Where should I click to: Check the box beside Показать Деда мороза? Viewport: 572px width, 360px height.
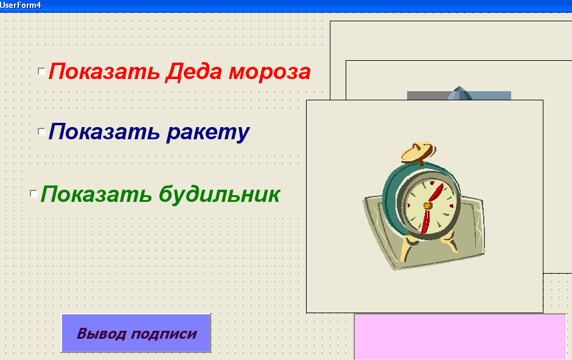pyautogui.click(x=41, y=71)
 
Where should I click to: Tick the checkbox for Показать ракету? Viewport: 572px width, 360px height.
pyautogui.click(x=41, y=131)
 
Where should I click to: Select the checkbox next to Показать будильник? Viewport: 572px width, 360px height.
pyautogui.click(x=33, y=193)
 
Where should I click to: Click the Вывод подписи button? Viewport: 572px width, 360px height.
pyautogui.click(x=136, y=333)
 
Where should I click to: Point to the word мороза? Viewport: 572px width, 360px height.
pyautogui.click(x=270, y=72)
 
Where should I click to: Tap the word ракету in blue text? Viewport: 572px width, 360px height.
pyautogui.click(x=208, y=132)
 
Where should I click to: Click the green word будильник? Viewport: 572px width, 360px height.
pyautogui.click(x=220, y=193)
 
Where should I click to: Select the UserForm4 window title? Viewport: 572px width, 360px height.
pyautogui.click(x=21, y=5)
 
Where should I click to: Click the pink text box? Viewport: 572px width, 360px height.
pyautogui.click(x=460, y=337)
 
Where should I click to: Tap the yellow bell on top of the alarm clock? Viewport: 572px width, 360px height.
pyautogui.click(x=417, y=152)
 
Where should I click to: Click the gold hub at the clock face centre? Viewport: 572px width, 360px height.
pyautogui.click(x=427, y=206)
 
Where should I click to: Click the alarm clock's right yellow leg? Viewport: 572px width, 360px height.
pyautogui.click(x=449, y=241)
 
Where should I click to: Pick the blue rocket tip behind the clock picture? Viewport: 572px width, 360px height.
pyautogui.click(x=459, y=93)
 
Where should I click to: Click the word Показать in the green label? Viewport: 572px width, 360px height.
pyautogui.click(x=96, y=194)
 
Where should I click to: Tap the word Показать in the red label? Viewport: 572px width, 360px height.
pyautogui.click(x=104, y=72)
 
